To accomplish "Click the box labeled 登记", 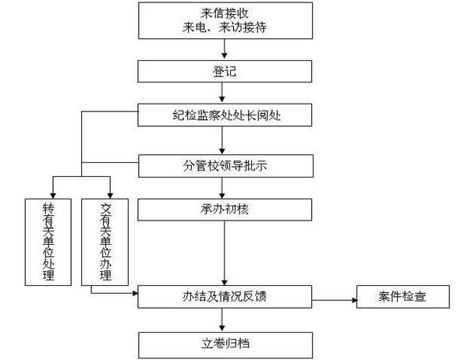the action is coord(225,71).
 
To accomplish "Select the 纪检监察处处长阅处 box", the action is coord(225,115).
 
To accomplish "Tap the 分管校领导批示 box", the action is coord(225,166).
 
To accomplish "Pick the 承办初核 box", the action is coord(225,210).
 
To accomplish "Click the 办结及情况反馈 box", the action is coord(225,296).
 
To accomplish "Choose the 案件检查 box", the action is coord(402,296).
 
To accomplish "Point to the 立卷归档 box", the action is coord(225,344).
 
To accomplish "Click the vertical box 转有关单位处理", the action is coord(48,242).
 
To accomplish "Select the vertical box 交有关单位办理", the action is coord(104,242).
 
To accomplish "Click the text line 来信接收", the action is coord(225,13).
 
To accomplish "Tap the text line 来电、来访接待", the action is coord(225,27).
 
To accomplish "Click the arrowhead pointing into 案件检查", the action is coord(354,300).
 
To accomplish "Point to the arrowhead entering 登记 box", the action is coord(225,55).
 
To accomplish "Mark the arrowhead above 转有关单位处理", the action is coord(53,196).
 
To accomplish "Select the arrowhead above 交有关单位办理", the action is coord(110,196).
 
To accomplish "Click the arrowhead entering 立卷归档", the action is coord(222,328).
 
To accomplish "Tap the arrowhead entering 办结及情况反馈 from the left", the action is coord(135,293).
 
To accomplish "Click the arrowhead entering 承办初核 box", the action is coord(222,196).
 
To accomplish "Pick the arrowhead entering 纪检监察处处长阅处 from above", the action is coord(222,99).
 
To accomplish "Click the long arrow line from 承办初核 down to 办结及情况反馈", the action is coord(225,253).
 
